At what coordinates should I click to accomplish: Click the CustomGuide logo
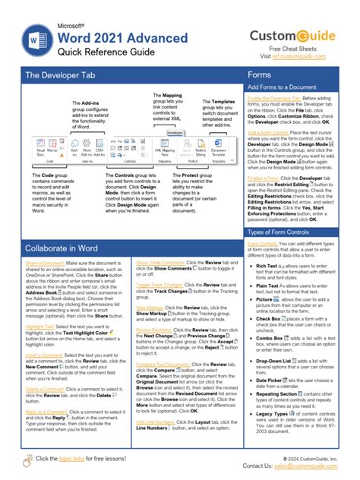click(x=299, y=35)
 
